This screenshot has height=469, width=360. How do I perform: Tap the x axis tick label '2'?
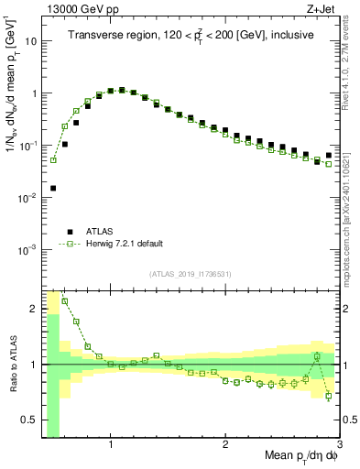225,446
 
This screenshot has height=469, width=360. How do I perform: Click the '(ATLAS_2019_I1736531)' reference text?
190,274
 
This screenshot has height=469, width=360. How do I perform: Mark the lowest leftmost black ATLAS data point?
53,188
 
